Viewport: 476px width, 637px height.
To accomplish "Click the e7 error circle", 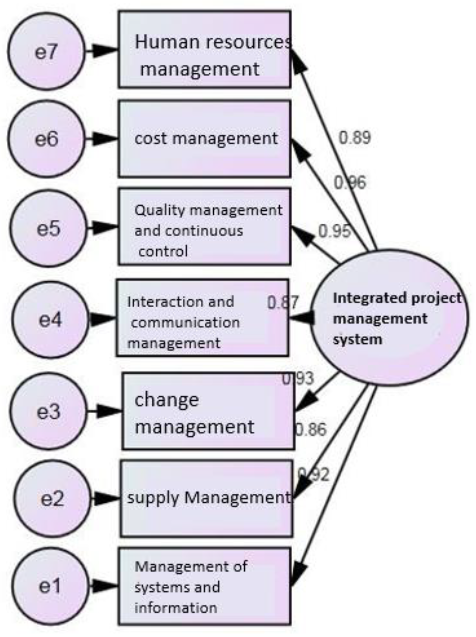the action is [x=46, y=51].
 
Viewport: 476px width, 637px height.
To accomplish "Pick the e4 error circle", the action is [x=50, y=319].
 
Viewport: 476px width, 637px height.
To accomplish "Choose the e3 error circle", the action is [x=48, y=411].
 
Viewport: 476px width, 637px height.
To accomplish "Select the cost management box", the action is [x=205, y=139].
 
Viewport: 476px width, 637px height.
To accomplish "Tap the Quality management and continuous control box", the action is [x=205, y=227].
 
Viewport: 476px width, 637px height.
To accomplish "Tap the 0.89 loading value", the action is [x=354, y=138].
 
